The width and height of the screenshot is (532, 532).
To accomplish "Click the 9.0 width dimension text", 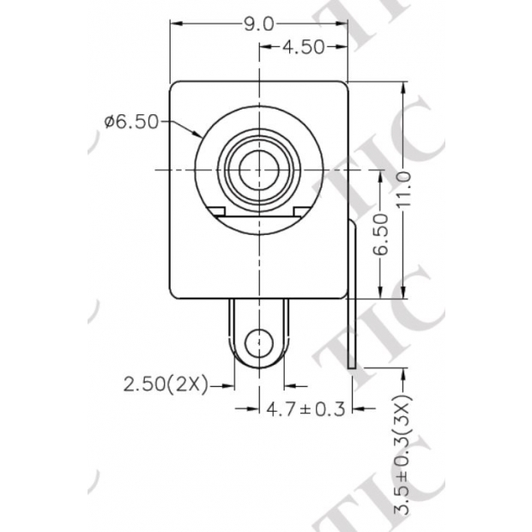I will click(258, 24).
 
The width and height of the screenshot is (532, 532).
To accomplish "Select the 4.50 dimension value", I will click(302, 47).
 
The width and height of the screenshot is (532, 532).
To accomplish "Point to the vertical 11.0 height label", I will click(405, 188).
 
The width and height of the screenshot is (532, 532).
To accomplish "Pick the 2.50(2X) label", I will click(166, 385).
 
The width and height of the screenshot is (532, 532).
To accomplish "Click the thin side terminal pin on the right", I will click(354, 300).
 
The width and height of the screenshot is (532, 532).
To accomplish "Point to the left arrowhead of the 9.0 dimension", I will click(175, 24).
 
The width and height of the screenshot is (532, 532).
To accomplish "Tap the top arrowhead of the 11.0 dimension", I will click(405, 87).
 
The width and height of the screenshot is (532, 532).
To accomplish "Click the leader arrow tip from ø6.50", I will click(200, 136).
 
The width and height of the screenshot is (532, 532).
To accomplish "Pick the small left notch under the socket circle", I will click(216, 211).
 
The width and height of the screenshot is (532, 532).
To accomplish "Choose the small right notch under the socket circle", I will click(302, 211).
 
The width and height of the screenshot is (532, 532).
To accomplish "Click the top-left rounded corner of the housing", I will click(174, 87).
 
